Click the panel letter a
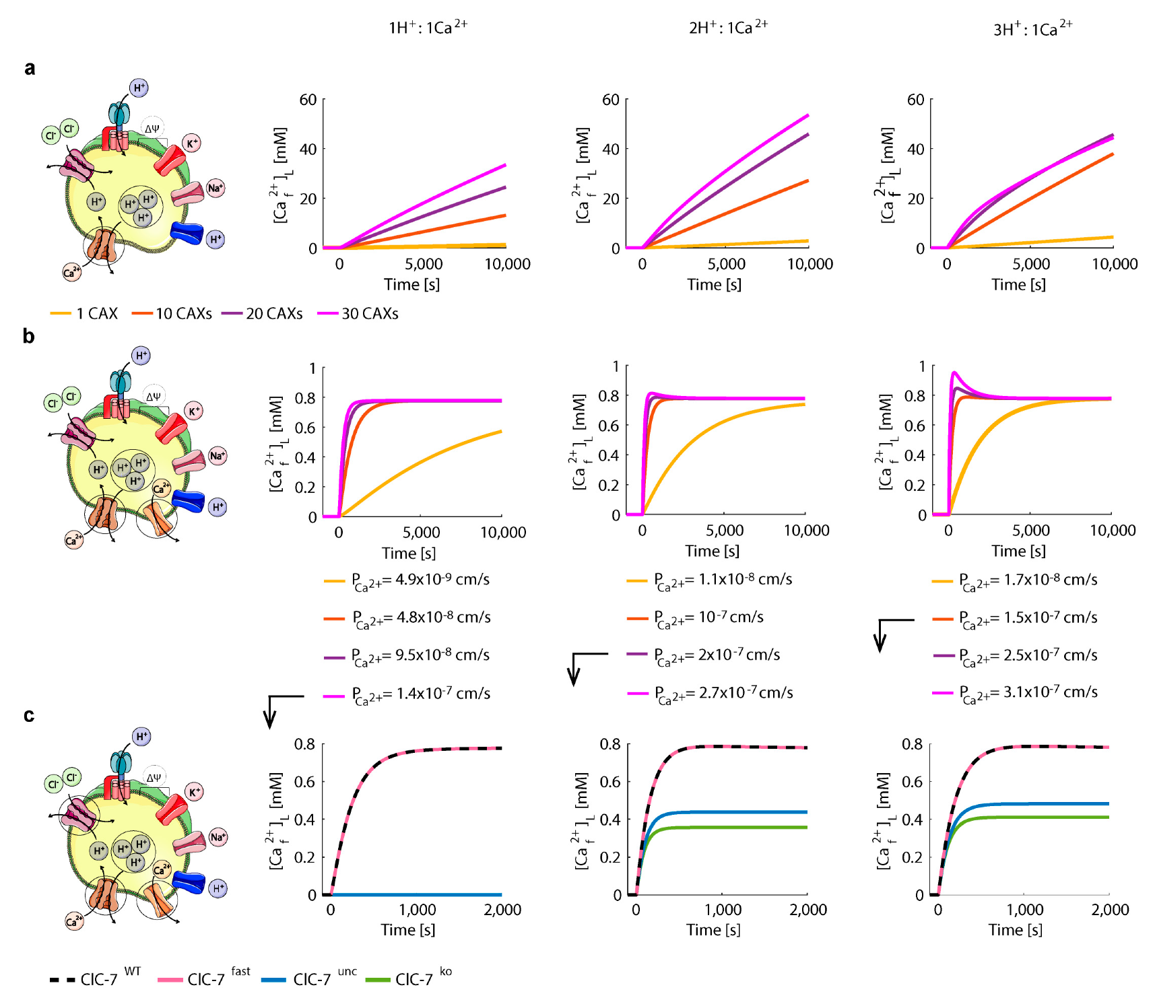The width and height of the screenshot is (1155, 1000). [x=30, y=68]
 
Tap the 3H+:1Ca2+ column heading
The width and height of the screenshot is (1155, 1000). [x=1032, y=29]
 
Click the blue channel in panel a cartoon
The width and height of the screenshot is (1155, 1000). [x=187, y=233]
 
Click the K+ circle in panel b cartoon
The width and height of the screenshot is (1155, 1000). [x=194, y=411]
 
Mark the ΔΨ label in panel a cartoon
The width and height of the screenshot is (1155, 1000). [x=152, y=128]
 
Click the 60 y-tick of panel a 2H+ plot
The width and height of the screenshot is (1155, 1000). [x=610, y=100]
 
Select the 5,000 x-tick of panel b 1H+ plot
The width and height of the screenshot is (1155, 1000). [x=421, y=533]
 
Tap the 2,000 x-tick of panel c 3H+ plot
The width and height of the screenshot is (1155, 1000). [x=1109, y=910]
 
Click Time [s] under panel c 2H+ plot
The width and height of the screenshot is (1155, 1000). [x=713, y=930]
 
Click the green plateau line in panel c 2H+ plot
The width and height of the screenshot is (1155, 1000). [x=741, y=827]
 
